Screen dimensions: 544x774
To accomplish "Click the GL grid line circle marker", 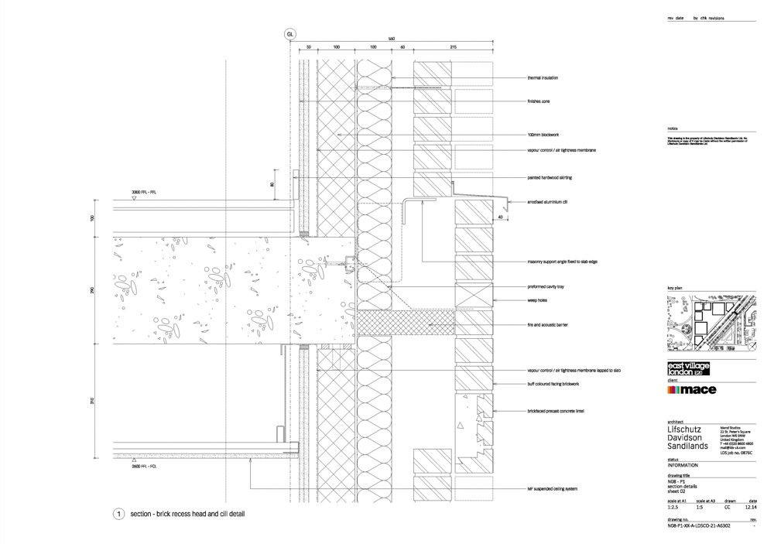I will click(290, 35).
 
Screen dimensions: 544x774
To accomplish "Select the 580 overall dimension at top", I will click(392, 39).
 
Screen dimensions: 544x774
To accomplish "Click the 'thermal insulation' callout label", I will click(543, 78).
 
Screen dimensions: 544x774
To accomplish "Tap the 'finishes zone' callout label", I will click(539, 101).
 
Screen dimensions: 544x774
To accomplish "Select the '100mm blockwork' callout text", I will click(543, 135).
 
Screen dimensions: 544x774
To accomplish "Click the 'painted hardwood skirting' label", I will click(550, 178).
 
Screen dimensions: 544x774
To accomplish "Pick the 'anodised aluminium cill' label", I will click(548, 202).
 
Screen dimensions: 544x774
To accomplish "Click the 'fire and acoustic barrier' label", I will click(547, 325).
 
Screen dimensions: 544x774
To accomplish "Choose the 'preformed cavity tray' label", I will click(546, 286).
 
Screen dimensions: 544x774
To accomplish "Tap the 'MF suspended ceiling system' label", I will click(553, 490).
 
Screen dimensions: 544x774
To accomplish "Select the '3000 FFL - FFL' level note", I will click(144, 191).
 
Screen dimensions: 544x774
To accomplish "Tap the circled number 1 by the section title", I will click(118, 514).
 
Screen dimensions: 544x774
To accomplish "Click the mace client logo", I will click(691, 390).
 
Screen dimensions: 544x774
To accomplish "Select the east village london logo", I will click(688, 369).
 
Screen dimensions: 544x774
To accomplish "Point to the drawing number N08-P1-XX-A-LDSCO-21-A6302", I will click(699, 525).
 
